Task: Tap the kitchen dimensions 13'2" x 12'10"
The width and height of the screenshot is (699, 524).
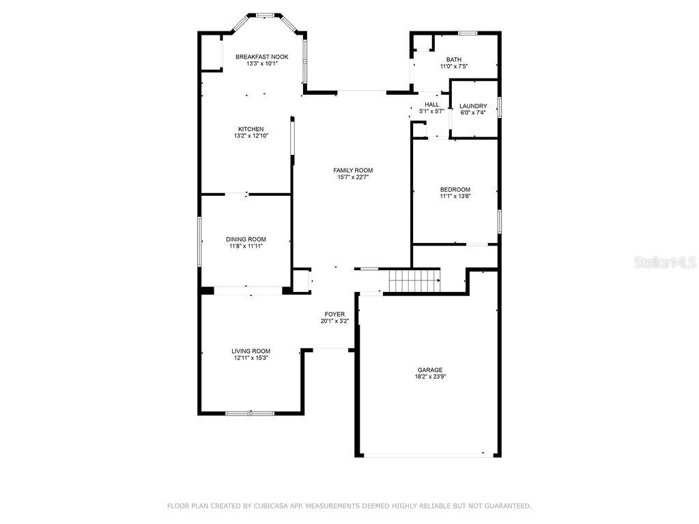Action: (251, 136)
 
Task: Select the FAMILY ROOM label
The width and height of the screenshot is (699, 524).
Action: (353, 171)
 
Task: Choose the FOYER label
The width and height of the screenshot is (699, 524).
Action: (334, 314)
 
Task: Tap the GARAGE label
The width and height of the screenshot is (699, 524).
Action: (430, 370)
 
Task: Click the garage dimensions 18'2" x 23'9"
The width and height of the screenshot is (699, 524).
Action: (430, 377)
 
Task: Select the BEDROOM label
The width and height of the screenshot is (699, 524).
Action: (455, 189)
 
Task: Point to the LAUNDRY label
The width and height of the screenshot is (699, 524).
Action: (473, 106)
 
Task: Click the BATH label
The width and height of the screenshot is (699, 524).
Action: (454, 59)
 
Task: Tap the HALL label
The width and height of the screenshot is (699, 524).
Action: (431, 104)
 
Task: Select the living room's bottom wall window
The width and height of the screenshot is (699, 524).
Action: (250, 413)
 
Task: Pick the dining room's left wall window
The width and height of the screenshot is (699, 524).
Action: (199, 242)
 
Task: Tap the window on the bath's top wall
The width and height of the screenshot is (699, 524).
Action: (468, 33)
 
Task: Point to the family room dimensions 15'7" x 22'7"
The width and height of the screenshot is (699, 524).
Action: (353, 177)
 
